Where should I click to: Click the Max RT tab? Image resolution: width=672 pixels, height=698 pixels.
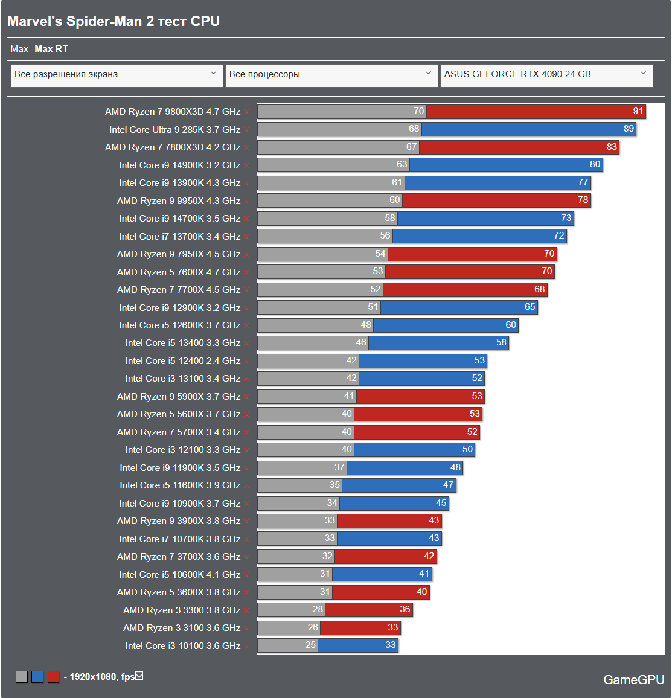pyautogui.click(x=51, y=49)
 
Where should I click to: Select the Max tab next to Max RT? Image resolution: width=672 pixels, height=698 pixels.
pyautogui.click(x=19, y=49)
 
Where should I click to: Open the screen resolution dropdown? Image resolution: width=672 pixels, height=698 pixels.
pyautogui.click(x=116, y=75)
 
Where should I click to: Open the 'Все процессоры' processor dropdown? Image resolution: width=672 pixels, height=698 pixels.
pyautogui.click(x=331, y=75)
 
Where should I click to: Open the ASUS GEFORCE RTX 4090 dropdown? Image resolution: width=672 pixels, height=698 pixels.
pyautogui.click(x=546, y=75)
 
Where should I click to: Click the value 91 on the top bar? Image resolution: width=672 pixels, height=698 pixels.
pyautogui.click(x=638, y=111)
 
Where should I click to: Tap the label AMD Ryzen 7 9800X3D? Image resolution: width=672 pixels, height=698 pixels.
pyautogui.click(x=173, y=112)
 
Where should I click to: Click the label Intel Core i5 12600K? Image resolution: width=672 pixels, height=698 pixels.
pyautogui.click(x=179, y=325)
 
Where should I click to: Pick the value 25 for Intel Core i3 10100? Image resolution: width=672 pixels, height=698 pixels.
pyautogui.click(x=310, y=645)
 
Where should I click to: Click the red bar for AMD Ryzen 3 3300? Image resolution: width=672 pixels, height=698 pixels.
pyautogui.click(x=368, y=610)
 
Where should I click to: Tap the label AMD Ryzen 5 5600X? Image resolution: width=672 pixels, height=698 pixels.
pyautogui.click(x=179, y=414)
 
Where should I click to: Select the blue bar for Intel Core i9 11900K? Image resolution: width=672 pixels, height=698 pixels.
pyautogui.click(x=405, y=467)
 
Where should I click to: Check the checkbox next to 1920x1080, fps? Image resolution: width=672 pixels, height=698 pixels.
pyautogui.click(x=139, y=676)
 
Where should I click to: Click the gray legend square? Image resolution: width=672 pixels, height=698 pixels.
pyautogui.click(x=22, y=677)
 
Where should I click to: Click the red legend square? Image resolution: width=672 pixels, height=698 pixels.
pyautogui.click(x=53, y=677)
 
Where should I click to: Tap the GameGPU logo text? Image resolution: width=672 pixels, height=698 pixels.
pyautogui.click(x=633, y=680)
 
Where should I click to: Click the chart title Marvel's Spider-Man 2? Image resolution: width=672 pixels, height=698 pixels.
pyautogui.click(x=114, y=21)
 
